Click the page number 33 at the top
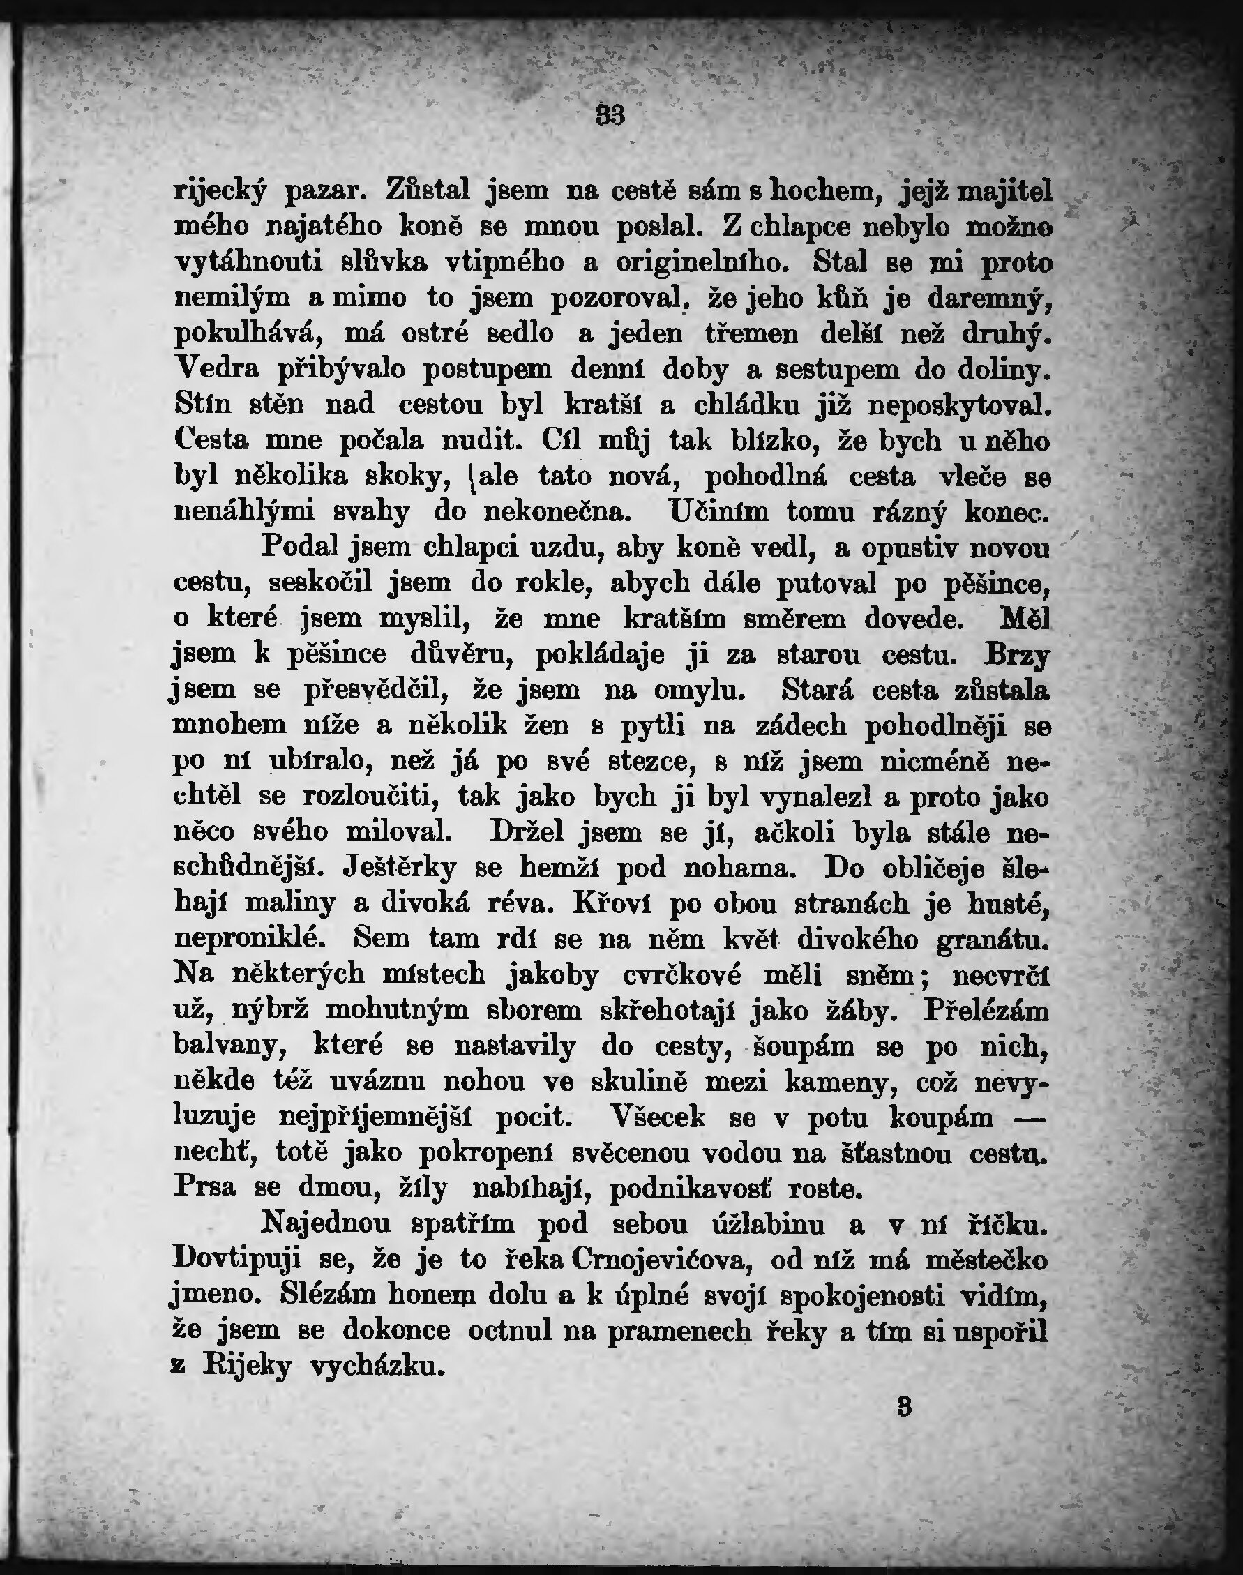click(610, 116)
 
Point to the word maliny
click(291, 903)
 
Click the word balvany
click(226, 1046)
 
